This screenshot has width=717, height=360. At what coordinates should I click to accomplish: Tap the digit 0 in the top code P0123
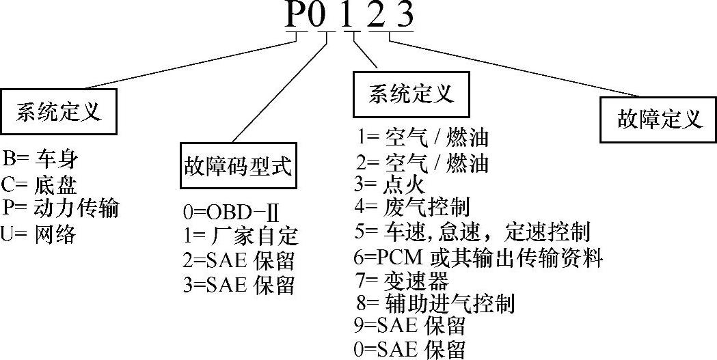click(x=319, y=16)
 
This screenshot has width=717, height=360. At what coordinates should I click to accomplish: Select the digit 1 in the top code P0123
click(x=347, y=16)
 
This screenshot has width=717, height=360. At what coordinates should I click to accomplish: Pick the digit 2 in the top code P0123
click(x=375, y=16)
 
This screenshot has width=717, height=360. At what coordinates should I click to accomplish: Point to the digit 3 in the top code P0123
click(x=405, y=16)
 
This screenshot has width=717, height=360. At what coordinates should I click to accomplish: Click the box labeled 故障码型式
click(x=238, y=165)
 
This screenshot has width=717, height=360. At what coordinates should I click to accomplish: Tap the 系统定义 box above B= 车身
click(x=58, y=111)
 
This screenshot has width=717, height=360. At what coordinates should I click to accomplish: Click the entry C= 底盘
click(x=40, y=184)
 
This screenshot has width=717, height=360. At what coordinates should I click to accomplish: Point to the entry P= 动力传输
click(x=60, y=208)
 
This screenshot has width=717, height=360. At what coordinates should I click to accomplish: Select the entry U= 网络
click(x=39, y=234)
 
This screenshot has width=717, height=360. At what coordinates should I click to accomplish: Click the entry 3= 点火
click(x=390, y=184)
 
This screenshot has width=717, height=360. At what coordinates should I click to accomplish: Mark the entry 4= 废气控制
click(x=412, y=206)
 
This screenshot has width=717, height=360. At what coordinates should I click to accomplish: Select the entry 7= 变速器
click(x=402, y=280)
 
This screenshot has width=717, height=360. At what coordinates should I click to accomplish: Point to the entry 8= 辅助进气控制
click(x=435, y=303)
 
